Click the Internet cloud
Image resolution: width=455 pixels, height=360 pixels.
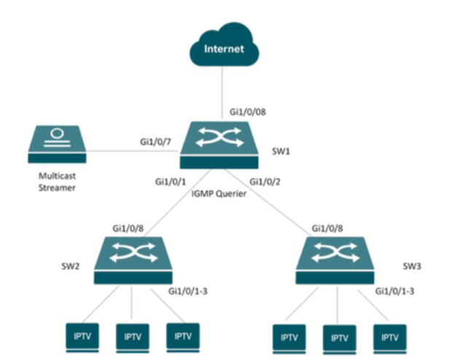click(x=222, y=50)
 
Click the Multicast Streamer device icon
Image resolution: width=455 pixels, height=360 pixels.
click(x=56, y=145)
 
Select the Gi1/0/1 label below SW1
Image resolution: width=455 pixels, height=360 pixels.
click(x=172, y=181)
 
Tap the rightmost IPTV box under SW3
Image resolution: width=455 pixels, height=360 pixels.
click(x=389, y=337)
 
